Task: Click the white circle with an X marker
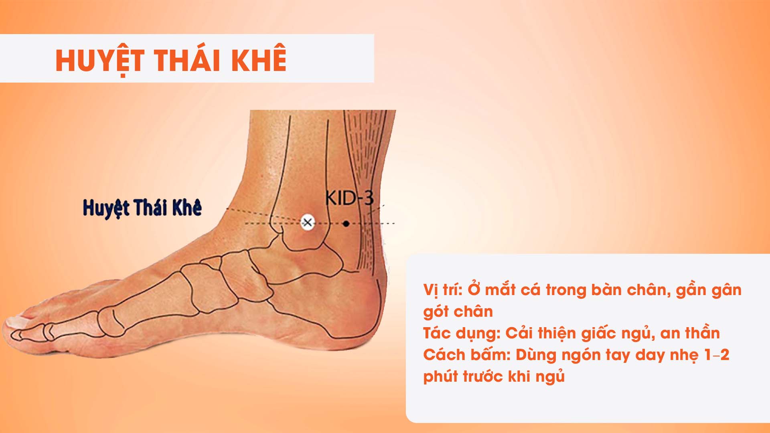tap(308, 222)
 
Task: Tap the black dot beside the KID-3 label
tap(346, 223)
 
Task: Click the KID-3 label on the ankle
tap(349, 198)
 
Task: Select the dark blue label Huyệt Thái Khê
tap(142, 208)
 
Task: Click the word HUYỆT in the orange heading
tap(100, 61)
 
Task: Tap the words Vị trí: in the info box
tap(443, 290)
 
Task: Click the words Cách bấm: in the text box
tap(467, 355)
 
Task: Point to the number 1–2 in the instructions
tap(717, 355)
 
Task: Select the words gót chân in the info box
tap(458, 312)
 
